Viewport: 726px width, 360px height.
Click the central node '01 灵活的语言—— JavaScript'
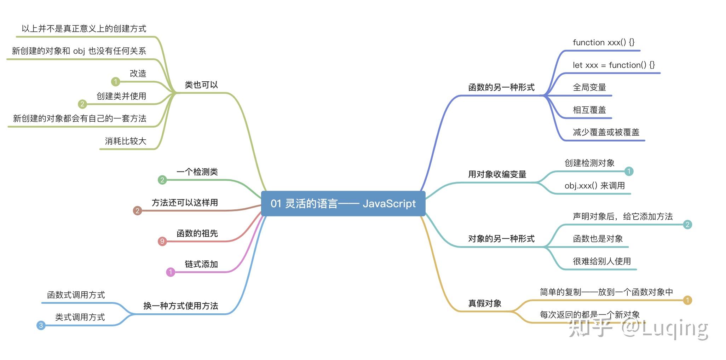pos(343,203)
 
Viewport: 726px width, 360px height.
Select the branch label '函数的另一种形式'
pos(501,87)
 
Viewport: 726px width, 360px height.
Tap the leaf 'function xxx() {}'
pos(603,42)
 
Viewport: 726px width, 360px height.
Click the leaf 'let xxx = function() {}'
pos(613,65)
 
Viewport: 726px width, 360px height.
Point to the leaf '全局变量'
pos(589,87)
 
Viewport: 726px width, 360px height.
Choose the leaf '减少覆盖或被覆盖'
pos(606,132)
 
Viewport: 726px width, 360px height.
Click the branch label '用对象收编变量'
pos(497,174)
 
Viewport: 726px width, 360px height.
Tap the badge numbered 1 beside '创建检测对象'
pos(629,171)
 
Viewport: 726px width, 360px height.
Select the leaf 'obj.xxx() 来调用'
pos(594,186)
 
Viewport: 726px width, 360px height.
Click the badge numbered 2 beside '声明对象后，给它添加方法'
pos(687,224)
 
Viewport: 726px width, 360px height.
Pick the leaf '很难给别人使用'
pos(601,261)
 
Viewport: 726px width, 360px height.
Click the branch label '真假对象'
pos(485,303)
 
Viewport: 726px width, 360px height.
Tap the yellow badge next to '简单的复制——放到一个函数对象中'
pos(687,300)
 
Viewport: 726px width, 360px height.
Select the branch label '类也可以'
pos(201,85)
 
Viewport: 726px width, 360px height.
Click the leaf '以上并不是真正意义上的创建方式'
pos(84,29)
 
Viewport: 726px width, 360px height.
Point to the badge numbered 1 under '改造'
pos(115,82)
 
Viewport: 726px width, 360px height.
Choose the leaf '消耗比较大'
pos(125,141)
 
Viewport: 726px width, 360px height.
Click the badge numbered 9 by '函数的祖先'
pos(162,241)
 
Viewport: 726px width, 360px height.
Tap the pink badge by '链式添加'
pos(171,272)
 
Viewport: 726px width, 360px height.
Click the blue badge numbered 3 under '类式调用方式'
pos(41,325)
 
